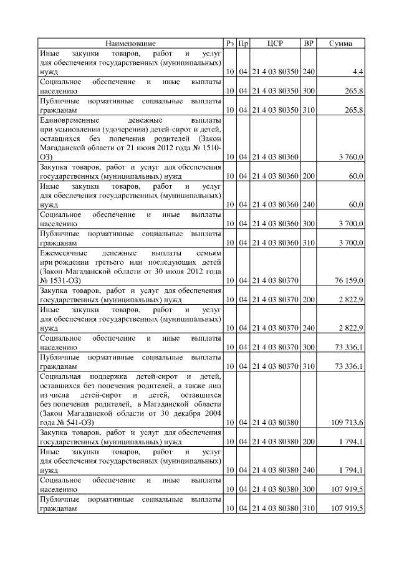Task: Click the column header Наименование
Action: [130, 44]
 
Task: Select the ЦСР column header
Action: [275, 44]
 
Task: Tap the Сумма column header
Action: [340, 44]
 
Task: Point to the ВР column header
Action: [308, 44]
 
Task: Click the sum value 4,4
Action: [358, 73]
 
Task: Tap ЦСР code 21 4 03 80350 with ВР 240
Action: [275, 73]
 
